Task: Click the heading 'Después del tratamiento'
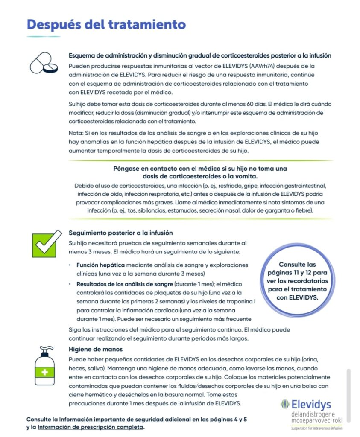[x=106, y=24]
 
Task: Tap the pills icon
[x=44, y=63]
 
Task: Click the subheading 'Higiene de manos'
[x=90, y=349]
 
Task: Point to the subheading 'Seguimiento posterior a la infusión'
[x=121, y=233]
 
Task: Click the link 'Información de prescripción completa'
[x=91, y=427]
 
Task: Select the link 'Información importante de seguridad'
[x=113, y=419]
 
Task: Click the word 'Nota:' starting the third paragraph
[x=76, y=133]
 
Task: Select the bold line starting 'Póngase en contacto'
[x=200, y=169]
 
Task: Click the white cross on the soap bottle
[x=45, y=373]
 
